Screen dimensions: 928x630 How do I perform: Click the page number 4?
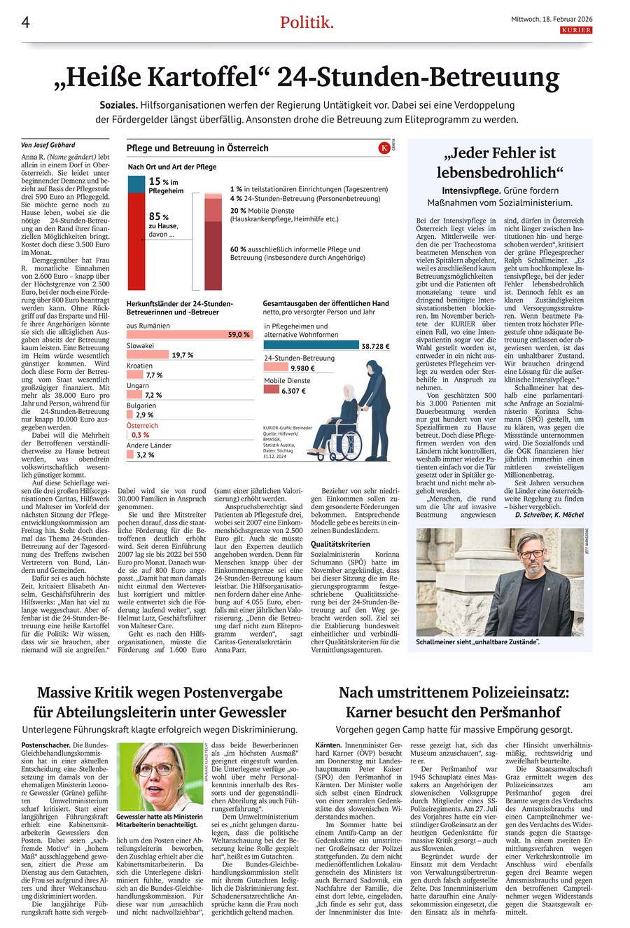[x=25, y=22]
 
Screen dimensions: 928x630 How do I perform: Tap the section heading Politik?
[x=307, y=22]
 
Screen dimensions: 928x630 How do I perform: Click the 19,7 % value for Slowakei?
[x=183, y=355]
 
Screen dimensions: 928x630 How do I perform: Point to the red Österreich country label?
[x=142, y=425]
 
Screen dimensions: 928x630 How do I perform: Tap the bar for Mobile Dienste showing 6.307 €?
[x=272, y=390]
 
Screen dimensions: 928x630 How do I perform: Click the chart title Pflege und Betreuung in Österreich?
[x=197, y=148]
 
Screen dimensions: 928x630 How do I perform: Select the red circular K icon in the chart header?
[x=384, y=148]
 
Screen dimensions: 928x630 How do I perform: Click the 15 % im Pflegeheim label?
[x=166, y=185]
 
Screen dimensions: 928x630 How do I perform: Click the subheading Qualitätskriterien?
[x=341, y=543]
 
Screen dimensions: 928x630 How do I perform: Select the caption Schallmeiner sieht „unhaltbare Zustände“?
[x=478, y=642]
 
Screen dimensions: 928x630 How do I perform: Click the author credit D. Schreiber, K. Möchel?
[x=549, y=514]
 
